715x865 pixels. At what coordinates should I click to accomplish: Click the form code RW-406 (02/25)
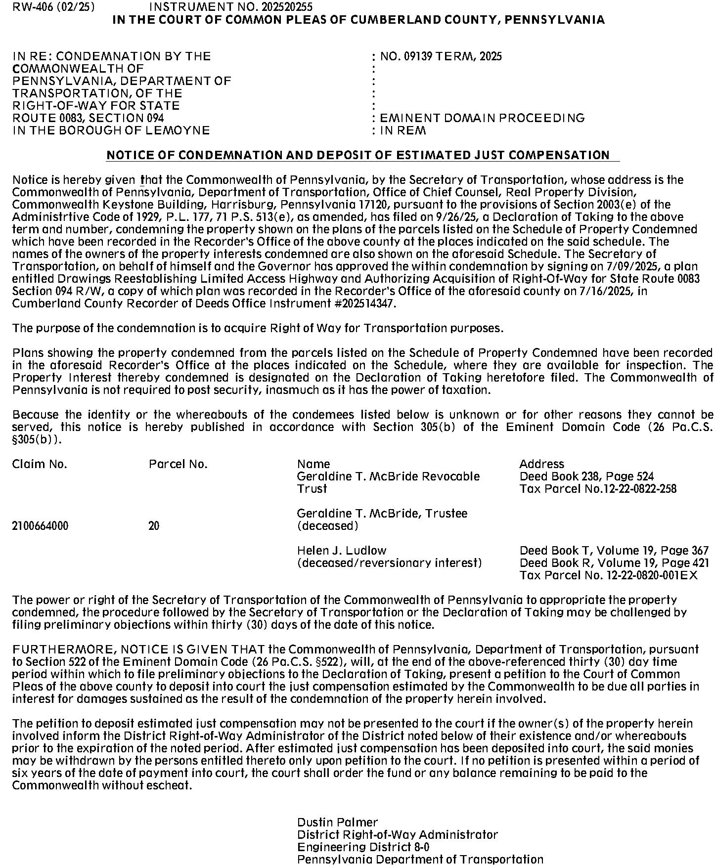pos(53,7)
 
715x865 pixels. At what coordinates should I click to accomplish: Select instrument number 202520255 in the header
pos(230,7)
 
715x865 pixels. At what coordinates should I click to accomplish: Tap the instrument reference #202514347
pos(365,303)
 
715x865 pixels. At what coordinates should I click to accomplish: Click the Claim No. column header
pos(40,464)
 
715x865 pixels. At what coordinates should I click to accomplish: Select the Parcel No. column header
pos(178,464)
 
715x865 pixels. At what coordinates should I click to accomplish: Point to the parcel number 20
pos(154,526)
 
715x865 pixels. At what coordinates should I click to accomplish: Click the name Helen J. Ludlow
pos(342,551)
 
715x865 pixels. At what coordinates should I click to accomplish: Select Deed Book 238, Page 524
pos(586,476)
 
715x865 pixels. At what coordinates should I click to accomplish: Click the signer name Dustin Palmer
pos(337,822)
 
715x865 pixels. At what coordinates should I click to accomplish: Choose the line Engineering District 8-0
pos(363,847)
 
